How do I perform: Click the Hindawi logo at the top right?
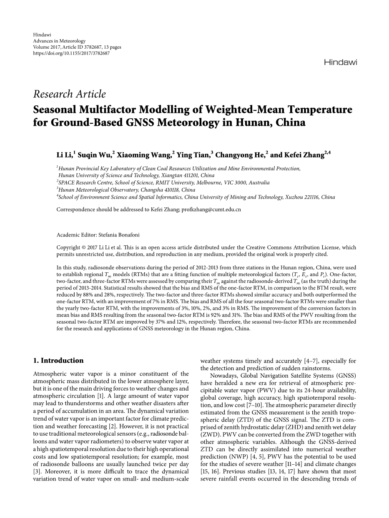(340, 62)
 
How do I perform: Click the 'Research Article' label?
(70, 94)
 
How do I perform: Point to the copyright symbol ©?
(82, 247)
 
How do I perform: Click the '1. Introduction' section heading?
(58, 361)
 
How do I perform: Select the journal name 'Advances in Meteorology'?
(59, 41)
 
